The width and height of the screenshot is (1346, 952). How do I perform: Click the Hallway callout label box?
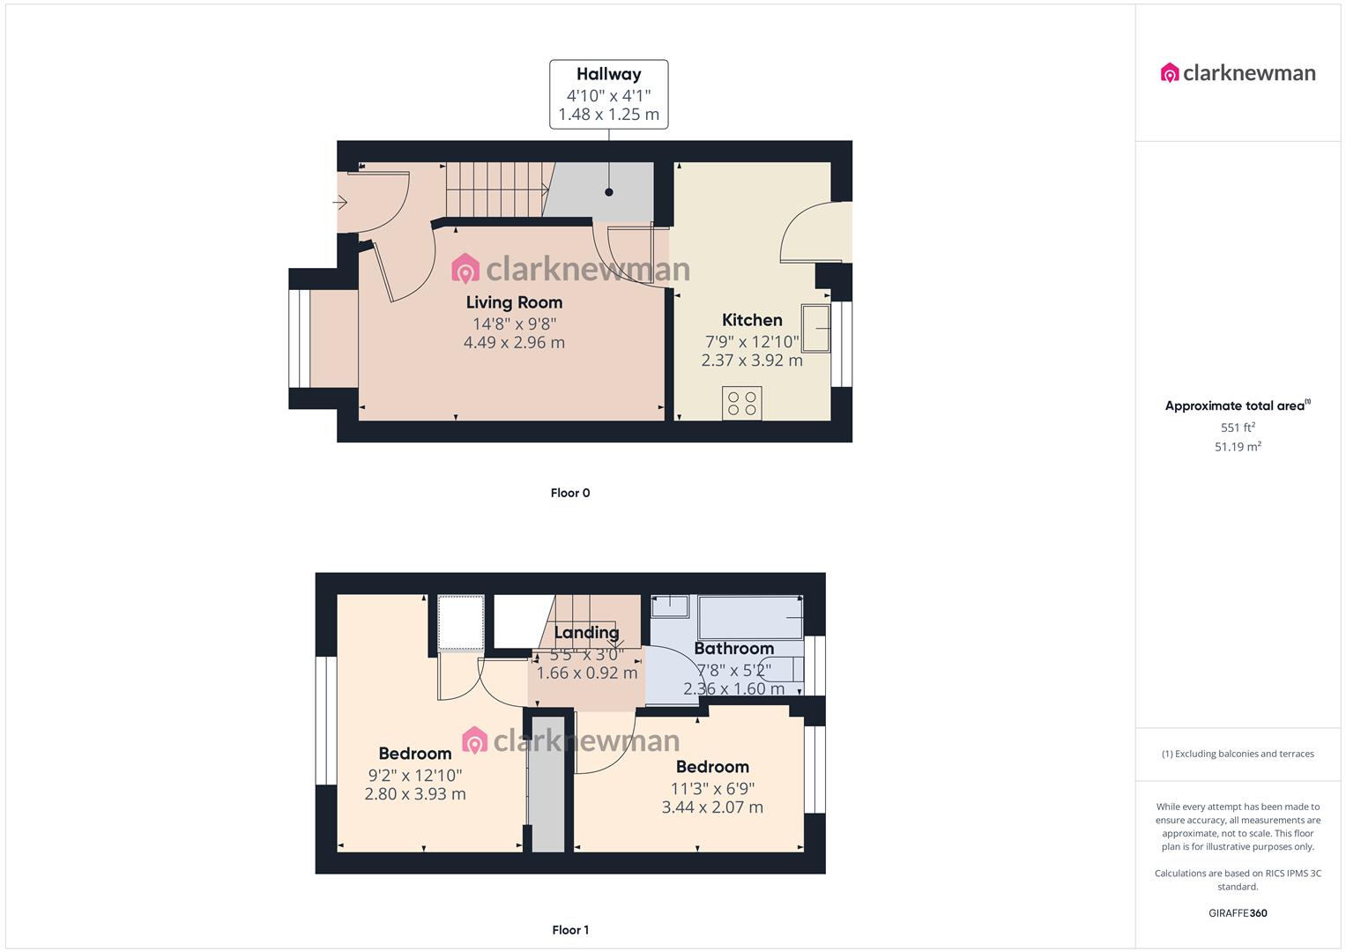tap(608, 94)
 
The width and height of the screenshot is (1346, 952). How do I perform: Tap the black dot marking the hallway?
tap(609, 192)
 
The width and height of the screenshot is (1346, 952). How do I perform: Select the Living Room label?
tap(515, 302)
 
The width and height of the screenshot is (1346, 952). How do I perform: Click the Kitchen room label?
tap(752, 320)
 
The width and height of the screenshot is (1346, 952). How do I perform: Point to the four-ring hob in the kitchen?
tap(741, 404)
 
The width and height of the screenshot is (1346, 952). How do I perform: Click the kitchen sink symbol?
tap(815, 328)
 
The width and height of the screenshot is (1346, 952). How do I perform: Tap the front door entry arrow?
tap(340, 203)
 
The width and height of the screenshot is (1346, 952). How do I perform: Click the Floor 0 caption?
tap(570, 493)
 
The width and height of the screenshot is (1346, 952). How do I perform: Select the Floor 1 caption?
tap(570, 930)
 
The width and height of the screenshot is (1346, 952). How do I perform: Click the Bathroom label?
tap(733, 649)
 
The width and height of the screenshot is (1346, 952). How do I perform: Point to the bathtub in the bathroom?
tap(750, 617)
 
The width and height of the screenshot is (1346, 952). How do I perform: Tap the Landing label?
tap(586, 632)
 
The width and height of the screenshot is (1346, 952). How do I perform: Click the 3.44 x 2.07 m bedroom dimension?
tap(712, 807)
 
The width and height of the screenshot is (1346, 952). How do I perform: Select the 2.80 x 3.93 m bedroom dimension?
tap(415, 794)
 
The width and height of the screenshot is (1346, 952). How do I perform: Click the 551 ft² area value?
tap(1238, 428)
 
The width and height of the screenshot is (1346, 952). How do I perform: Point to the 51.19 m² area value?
tap(1238, 447)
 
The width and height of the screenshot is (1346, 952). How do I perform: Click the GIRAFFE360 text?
tap(1238, 913)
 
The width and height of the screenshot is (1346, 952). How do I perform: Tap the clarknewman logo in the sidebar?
tap(1238, 72)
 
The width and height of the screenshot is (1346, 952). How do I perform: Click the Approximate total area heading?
tap(1238, 405)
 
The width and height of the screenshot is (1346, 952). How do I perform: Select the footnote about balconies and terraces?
tap(1238, 754)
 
